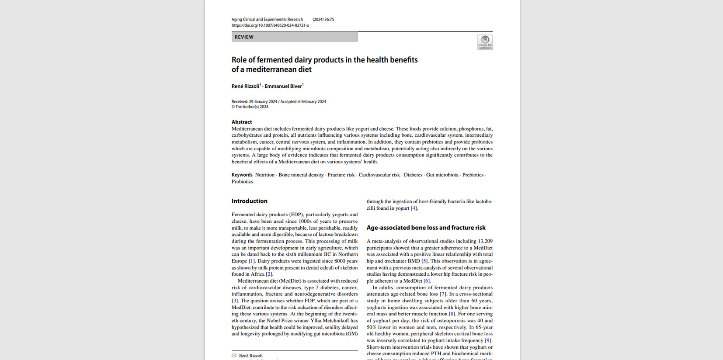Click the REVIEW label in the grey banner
pos(244,37)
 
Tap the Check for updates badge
pos(485,42)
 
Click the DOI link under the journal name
pos(270,25)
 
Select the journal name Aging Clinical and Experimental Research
pos(267,19)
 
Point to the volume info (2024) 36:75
pos(323,19)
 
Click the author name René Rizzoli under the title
pos(245,86)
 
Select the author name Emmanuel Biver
pos(283,86)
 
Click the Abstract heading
pos(242,122)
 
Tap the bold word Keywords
pos(242,175)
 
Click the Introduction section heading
pos(250,201)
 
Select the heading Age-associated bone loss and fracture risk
pos(426,228)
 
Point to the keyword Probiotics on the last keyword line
pos(242,182)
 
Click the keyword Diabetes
pos(413,175)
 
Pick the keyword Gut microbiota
pos(442,175)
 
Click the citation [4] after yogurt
pos(414,208)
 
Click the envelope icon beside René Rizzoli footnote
pos(234,356)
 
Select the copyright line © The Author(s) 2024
pos(250,107)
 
